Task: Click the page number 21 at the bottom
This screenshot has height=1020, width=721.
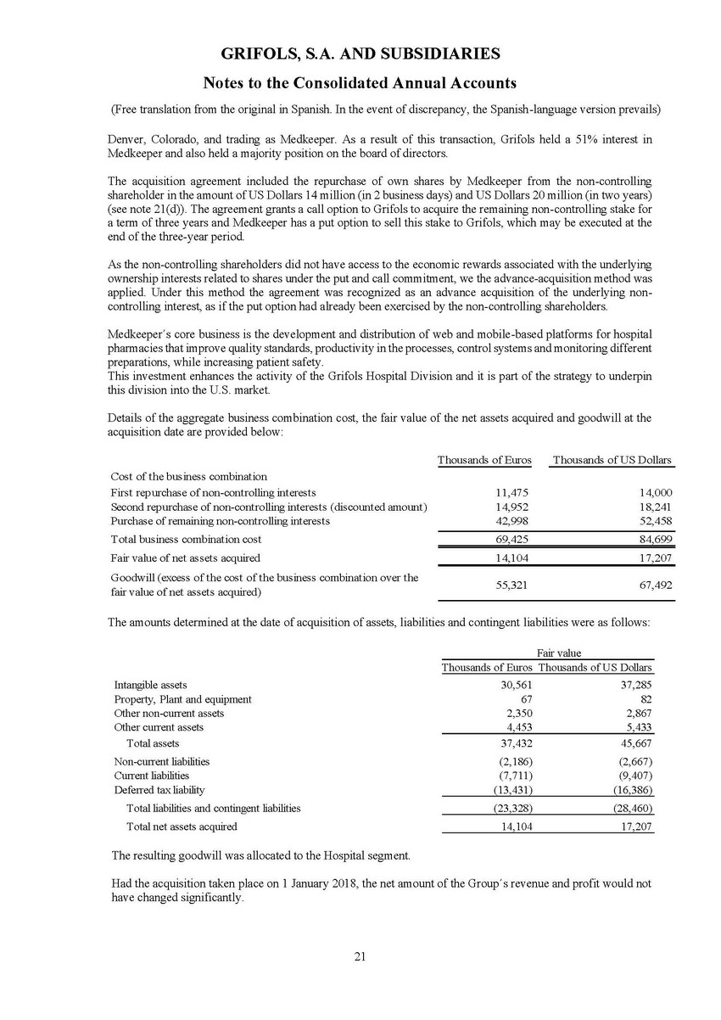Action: (x=360, y=956)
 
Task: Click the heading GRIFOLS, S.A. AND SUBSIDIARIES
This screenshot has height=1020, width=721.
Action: (x=360, y=53)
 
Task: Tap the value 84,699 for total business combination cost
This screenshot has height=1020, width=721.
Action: (x=653, y=539)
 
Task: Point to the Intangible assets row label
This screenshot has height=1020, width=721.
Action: (x=151, y=685)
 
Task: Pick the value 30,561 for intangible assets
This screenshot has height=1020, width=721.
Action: (x=514, y=685)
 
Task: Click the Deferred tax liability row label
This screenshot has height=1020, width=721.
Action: (x=159, y=790)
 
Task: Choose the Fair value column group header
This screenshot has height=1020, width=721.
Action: (x=560, y=653)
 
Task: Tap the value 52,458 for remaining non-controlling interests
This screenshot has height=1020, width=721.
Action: (x=653, y=521)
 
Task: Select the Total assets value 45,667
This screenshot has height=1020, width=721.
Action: (x=634, y=743)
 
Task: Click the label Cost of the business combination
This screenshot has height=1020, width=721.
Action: (x=189, y=476)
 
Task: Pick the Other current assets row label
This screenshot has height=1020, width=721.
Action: (x=159, y=727)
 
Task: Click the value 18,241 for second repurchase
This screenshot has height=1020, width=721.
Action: (x=653, y=507)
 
